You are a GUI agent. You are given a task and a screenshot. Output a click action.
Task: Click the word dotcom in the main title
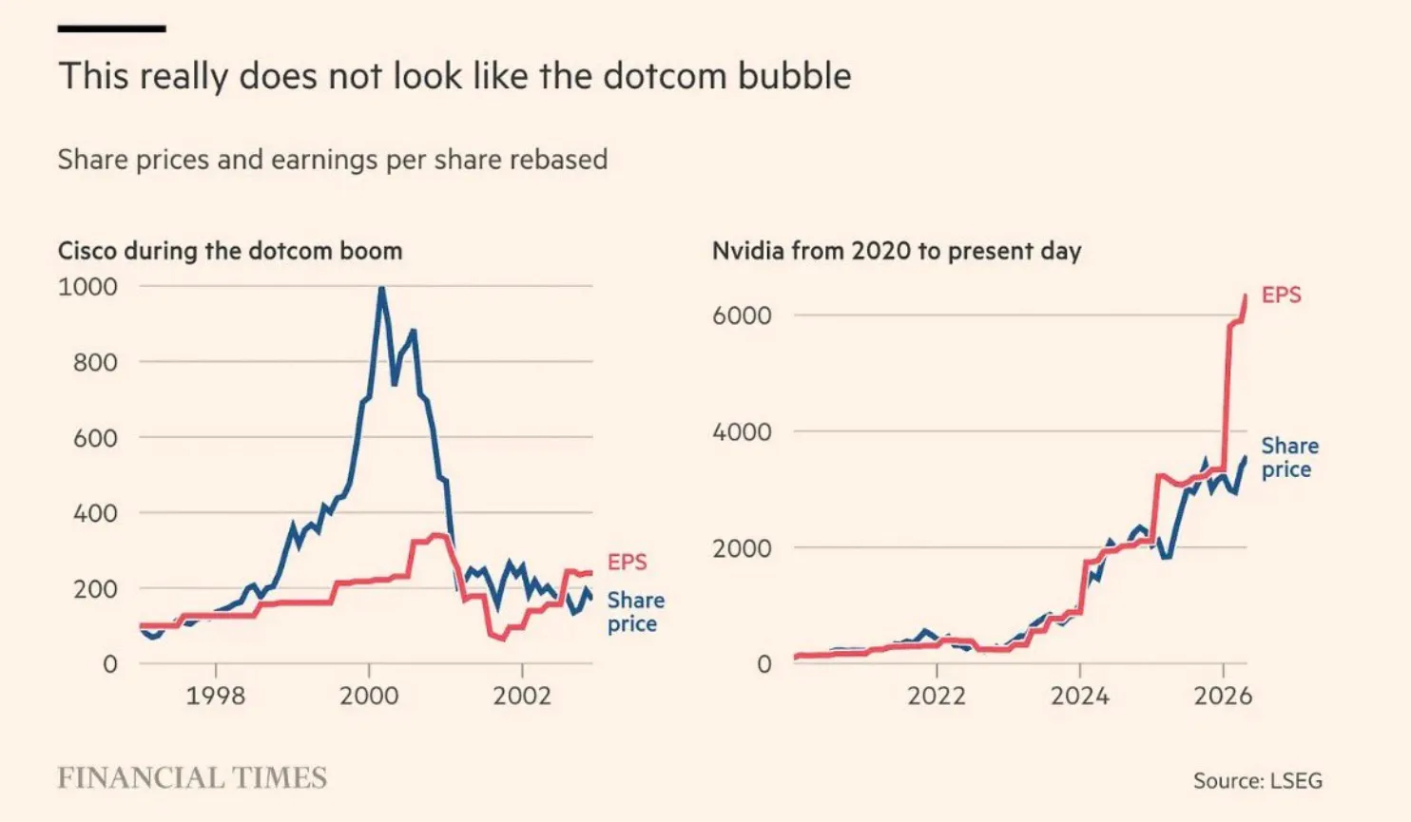click(665, 76)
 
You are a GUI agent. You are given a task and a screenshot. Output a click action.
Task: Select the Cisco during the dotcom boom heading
click(230, 251)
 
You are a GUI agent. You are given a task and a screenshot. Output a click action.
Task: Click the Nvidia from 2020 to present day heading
click(897, 251)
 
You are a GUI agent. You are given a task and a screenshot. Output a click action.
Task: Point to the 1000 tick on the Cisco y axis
click(87, 286)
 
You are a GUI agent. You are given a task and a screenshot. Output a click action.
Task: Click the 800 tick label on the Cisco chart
click(95, 362)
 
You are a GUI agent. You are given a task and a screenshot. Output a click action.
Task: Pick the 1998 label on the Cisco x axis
click(216, 696)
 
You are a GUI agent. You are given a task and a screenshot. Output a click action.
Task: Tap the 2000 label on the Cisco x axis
click(369, 696)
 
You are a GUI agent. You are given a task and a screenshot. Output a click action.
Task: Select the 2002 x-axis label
click(522, 696)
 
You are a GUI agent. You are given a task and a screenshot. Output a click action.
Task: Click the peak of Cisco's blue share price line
click(381, 289)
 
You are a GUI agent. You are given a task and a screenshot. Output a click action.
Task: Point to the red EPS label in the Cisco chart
click(628, 562)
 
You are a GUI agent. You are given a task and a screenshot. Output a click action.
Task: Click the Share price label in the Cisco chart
click(635, 612)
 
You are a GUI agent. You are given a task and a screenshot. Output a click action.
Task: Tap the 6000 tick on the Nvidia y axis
click(742, 315)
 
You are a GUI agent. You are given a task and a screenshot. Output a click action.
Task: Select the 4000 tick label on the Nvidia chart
click(742, 431)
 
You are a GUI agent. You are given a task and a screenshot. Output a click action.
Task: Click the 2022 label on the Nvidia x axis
click(937, 696)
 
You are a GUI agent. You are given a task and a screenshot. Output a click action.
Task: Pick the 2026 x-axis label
click(1224, 696)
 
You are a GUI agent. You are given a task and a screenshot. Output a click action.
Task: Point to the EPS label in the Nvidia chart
click(1282, 295)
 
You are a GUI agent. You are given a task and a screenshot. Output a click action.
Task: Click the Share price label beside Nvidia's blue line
click(1289, 458)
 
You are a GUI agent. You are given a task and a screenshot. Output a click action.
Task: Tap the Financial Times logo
click(192, 778)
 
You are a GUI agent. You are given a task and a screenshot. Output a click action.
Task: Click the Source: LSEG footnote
click(1258, 780)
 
